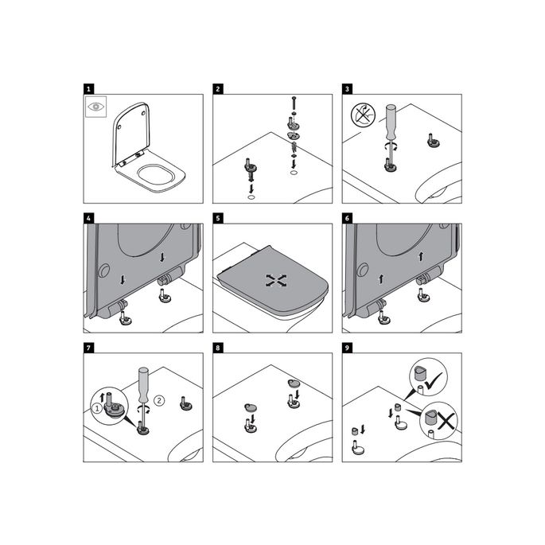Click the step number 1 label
pos(88,88)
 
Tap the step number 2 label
pos(217,88)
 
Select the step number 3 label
pos(347,88)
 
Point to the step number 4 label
pos(88,217)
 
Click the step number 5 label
pos(217,217)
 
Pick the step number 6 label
pos(347,217)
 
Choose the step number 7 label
pos(88,347)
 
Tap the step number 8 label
pos(217,347)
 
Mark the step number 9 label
pos(347,347)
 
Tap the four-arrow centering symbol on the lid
pos(274,280)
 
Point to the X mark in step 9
pos(443,421)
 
